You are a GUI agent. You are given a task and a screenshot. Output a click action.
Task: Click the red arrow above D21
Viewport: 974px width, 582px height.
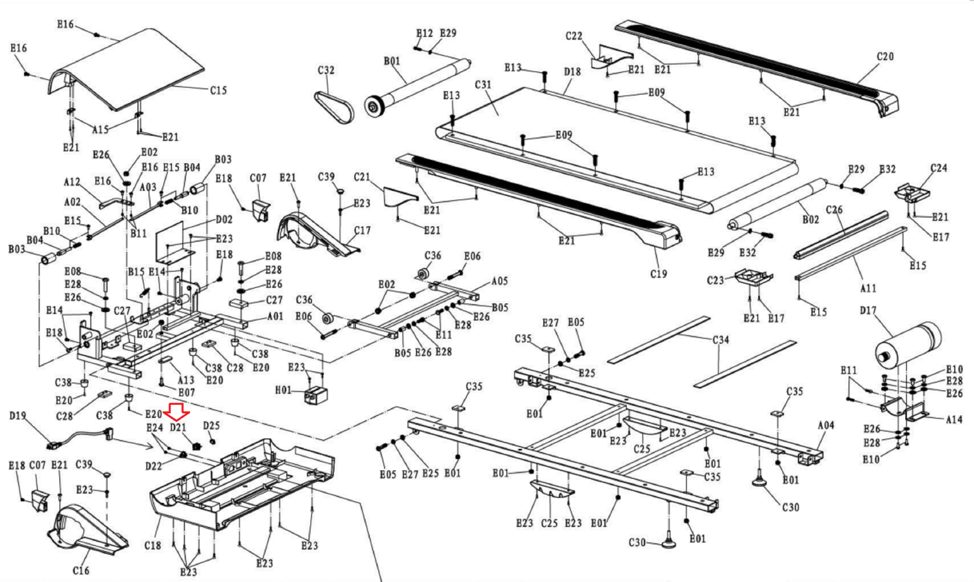179,412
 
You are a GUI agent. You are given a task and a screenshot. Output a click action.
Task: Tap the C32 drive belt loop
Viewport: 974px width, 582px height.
334,106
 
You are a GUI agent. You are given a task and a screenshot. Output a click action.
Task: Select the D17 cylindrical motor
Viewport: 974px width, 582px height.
907,344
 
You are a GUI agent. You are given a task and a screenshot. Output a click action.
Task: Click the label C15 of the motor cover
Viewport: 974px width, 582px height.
219,91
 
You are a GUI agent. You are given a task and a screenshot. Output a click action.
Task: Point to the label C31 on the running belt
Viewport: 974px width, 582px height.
483,85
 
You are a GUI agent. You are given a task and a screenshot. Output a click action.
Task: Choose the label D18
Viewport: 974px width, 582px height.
572,72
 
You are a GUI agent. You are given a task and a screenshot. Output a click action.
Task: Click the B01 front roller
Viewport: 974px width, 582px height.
420,85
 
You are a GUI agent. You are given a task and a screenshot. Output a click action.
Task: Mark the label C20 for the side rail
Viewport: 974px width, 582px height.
885,57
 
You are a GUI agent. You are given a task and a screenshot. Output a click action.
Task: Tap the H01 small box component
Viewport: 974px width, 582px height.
315,394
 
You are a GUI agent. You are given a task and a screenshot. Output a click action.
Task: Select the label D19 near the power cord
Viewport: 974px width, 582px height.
18,416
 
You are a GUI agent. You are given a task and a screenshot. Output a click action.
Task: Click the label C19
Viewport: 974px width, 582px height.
659,274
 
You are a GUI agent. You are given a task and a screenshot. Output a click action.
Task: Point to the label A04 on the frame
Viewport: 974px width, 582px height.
825,426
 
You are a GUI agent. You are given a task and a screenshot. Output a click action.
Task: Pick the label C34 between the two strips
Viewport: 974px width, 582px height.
721,340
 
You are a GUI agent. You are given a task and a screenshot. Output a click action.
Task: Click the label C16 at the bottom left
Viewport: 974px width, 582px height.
81,570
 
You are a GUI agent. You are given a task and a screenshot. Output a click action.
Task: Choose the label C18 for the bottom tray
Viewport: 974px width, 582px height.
153,545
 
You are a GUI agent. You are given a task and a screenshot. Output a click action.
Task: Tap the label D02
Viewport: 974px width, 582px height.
224,219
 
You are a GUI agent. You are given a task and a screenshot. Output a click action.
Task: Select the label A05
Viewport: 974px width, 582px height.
499,281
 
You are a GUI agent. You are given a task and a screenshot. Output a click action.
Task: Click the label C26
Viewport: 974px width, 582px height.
834,210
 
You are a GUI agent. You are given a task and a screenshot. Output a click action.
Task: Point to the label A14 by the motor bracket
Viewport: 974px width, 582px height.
954,419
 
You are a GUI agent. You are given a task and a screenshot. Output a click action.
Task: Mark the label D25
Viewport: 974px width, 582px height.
211,426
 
